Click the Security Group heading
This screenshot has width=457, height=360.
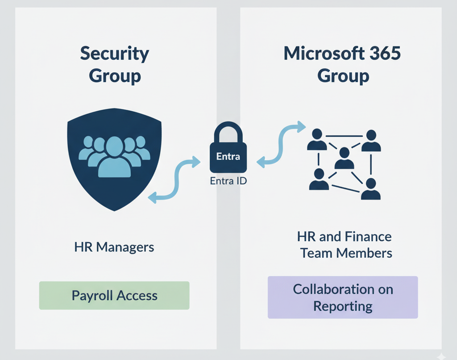(115, 65)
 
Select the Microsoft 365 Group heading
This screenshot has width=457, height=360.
(343, 65)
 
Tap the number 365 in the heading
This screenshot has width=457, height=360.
(383, 54)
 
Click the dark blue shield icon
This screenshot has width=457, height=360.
(114, 159)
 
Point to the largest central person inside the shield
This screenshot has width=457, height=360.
(114, 156)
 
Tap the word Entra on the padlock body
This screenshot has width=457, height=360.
(228, 156)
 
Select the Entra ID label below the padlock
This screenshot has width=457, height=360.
(228, 182)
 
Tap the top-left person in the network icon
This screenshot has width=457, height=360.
(317, 140)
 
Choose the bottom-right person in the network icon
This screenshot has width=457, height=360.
(370, 188)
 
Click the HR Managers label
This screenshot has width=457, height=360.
(115, 247)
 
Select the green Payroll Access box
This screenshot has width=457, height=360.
(114, 295)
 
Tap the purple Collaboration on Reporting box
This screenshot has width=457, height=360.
(343, 297)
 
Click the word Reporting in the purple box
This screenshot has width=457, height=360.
(343, 306)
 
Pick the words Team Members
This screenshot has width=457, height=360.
(346, 253)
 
